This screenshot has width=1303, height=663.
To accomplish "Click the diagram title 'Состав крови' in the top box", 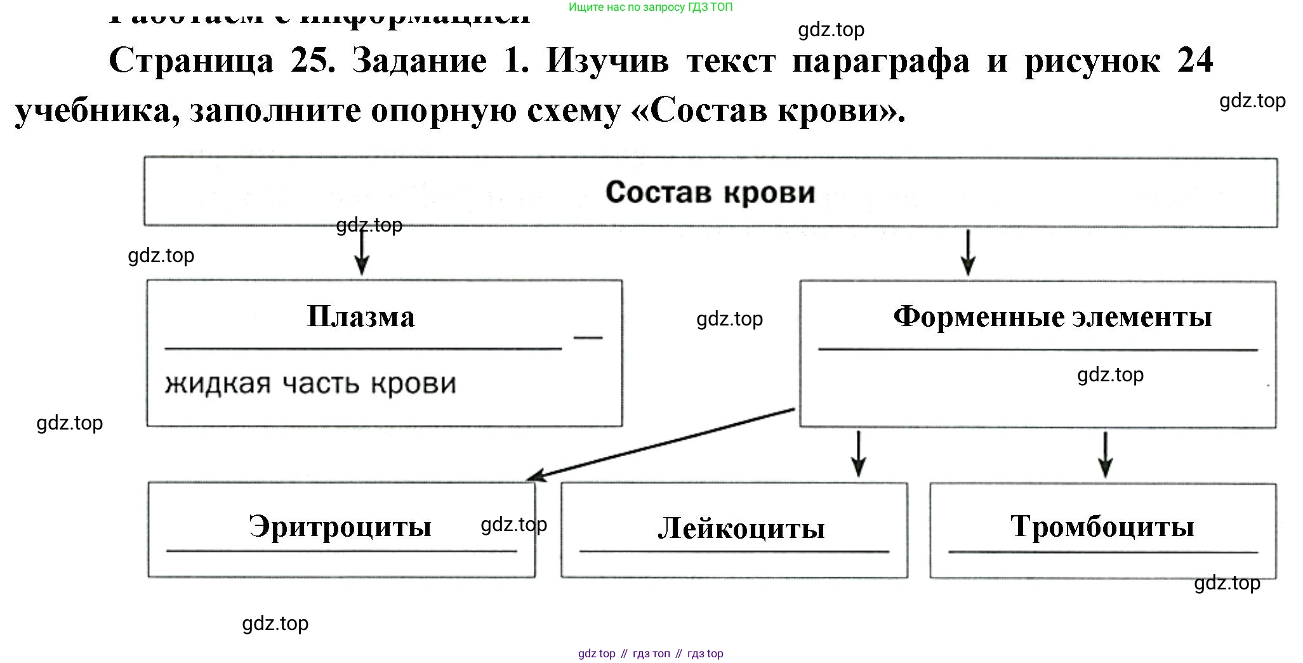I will [x=710, y=192].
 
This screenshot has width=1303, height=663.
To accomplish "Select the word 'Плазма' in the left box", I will [x=360, y=317].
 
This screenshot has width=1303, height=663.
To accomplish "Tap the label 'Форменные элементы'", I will [x=1052, y=316].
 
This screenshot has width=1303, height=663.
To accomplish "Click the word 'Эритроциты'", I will [x=340, y=526].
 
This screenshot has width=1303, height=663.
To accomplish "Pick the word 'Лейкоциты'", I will [x=741, y=528].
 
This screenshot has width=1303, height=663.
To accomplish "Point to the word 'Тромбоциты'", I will [x=1102, y=526].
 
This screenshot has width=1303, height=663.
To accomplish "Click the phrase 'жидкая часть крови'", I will [x=310, y=384].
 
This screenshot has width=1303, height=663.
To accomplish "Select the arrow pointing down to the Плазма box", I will [x=361, y=253].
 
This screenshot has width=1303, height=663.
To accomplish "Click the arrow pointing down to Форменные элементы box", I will [x=968, y=253].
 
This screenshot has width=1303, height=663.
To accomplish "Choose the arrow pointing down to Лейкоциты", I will [x=858, y=454].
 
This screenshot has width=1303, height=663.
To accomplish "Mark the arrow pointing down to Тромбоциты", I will [x=1105, y=454].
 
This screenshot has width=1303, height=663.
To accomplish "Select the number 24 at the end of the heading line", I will [x=1194, y=61].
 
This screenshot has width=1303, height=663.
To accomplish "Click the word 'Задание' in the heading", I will [x=419, y=61].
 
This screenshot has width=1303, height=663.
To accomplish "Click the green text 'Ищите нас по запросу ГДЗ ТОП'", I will [x=650, y=8].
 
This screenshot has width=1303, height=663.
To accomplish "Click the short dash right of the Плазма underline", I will [x=588, y=338].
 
